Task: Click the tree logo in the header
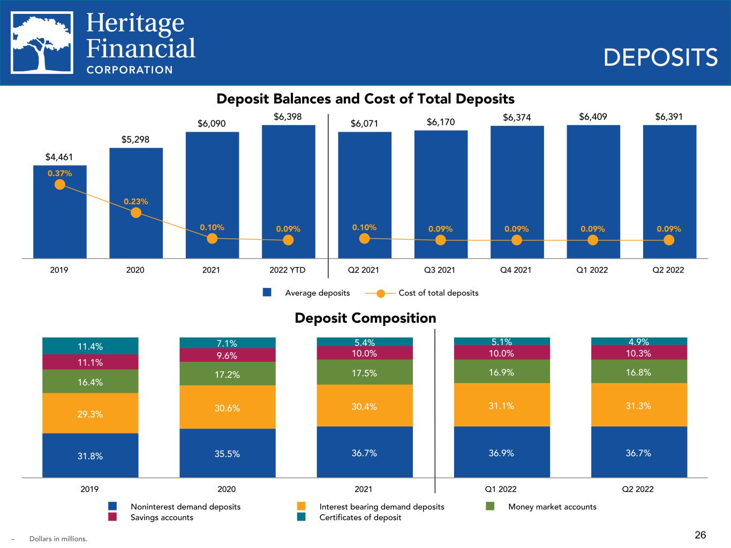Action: (42, 42)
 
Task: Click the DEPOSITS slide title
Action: (660, 57)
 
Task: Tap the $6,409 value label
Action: (593, 116)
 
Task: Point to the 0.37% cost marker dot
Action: (60, 185)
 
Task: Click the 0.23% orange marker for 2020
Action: (136, 212)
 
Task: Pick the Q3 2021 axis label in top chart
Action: (440, 270)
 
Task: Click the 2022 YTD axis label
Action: (288, 270)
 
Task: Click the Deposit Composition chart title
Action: (365, 318)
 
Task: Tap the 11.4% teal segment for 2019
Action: (90, 346)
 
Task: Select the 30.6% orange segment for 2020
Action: (228, 407)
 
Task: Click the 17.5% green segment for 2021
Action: (365, 372)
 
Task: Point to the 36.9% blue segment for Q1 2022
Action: (502, 452)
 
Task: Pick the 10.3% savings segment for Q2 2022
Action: (639, 353)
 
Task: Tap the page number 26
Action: (700, 535)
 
